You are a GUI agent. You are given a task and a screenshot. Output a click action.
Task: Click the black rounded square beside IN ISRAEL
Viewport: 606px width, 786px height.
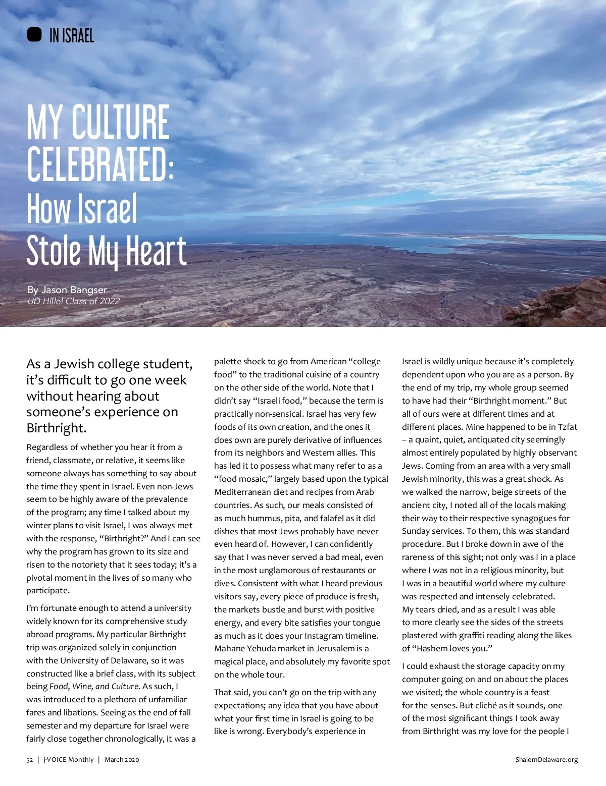(34, 35)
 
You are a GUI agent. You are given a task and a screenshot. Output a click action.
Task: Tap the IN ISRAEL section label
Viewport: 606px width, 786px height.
(72, 36)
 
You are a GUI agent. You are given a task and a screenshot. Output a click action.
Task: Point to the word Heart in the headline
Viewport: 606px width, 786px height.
(156, 251)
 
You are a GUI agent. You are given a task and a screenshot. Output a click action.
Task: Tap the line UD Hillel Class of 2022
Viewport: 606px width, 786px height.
(74, 301)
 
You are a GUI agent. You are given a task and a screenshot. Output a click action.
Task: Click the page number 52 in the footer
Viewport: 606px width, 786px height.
(30, 759)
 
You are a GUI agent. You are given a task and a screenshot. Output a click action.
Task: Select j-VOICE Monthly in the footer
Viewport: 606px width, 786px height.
(69, 759)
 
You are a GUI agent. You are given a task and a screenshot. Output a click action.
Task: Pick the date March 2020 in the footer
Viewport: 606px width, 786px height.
(122, 759)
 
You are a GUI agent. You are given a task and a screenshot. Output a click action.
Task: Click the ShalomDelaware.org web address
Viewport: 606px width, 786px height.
(546, 759)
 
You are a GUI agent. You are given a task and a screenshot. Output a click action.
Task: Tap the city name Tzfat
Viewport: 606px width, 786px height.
(567, 427)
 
